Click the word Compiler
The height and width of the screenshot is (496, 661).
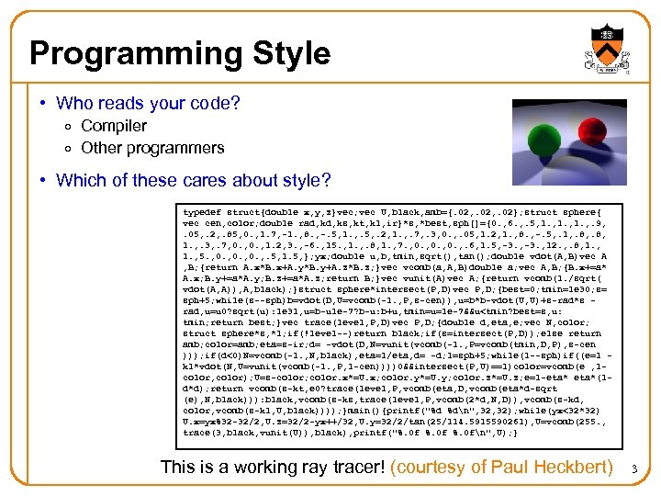(114, 126)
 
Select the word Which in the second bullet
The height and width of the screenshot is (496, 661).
(82, 180)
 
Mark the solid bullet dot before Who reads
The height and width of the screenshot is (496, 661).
(43, 104)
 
